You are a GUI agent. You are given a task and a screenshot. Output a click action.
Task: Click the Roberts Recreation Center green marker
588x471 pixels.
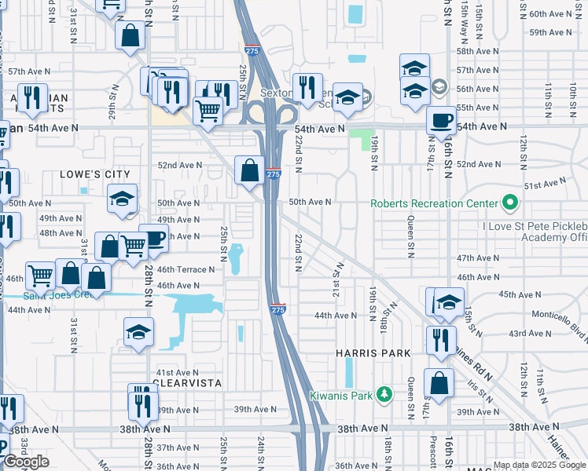pos(509,203)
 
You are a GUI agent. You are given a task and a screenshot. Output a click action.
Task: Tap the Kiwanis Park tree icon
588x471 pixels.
pos(384,394)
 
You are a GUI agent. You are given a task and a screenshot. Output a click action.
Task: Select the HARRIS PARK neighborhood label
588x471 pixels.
pos(373,354)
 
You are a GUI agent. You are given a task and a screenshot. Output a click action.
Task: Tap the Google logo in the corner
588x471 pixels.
pos(25,462)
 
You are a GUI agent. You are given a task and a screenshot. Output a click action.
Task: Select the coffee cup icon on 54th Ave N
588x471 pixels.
pos(442,120)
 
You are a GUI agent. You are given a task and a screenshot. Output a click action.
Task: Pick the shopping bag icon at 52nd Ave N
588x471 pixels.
pos(249,170)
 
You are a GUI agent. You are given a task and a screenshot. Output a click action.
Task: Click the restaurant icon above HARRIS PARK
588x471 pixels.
pos(440,339)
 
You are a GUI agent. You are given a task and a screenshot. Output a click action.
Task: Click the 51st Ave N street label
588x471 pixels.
pos(545,184)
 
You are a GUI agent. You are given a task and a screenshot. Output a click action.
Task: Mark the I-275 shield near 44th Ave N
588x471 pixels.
pos(277,310)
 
